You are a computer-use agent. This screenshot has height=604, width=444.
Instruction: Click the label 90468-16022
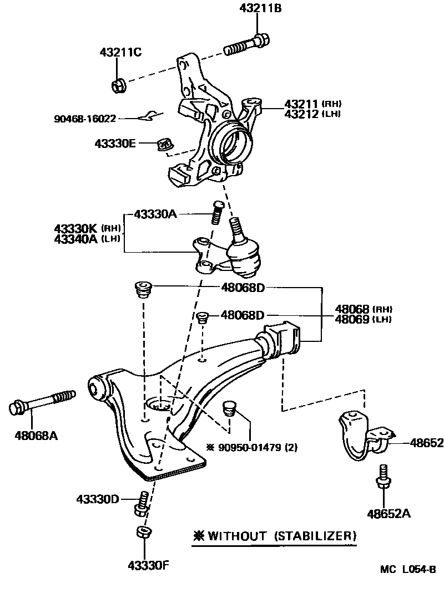pyautogui.click(x=85, y=119)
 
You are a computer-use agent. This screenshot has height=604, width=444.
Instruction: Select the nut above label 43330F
pyautogui.click(x=143, y=533)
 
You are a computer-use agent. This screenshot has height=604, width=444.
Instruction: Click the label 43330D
pyautogui.click(x=98, y=499)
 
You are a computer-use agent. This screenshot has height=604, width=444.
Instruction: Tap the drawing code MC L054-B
pyautogui.click(x=408, y=569)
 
